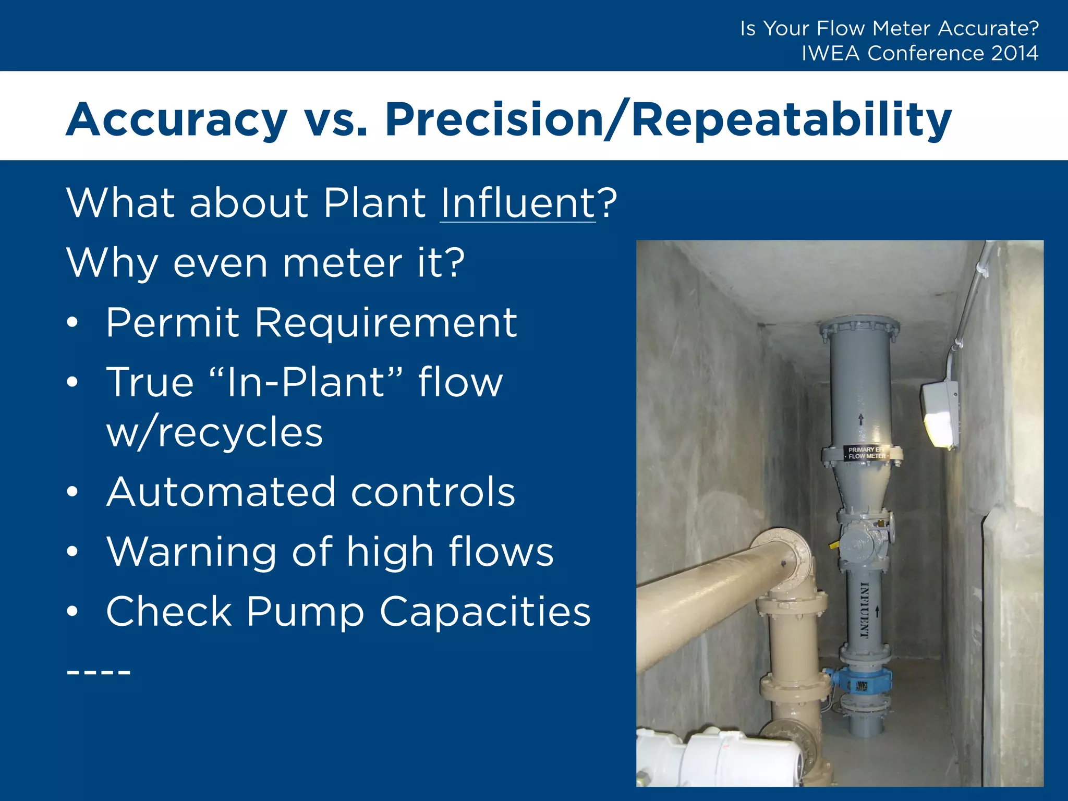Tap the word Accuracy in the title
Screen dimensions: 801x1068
pyautogui.click(x=176, y=120)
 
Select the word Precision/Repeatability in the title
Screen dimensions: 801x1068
pyautogui.click(x=669, y=120)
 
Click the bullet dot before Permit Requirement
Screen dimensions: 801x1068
pyautogui.click(x=72, y=323)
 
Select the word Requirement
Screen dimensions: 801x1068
pyautogui.click(x=386, y=323)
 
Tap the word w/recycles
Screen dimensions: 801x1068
pyautogui.click(x=214, y=433)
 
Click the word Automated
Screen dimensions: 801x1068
pyautogui.click(x=221, y=492)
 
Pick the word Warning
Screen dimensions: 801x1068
pyautogui.click(x=191, y=552)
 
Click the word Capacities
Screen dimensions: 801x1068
pyautogui.click(x=485, y=611)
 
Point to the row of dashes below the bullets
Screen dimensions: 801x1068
pyautogui.click(x=99, y=672)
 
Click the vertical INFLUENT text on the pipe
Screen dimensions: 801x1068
pyautogui.click(x=864, y=610)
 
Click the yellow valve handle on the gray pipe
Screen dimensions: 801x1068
pyautogui.click(x=832, y=545)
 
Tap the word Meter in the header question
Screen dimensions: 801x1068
pyautogui.click(x=902, y=28)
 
